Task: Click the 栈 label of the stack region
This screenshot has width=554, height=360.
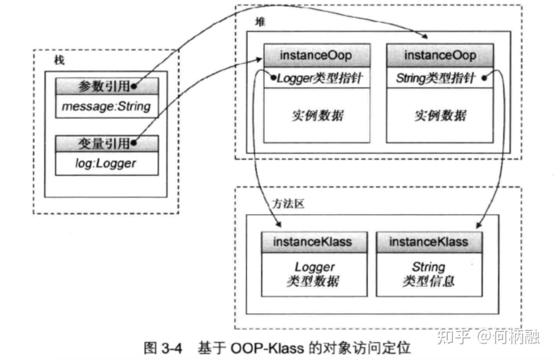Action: (59, 60)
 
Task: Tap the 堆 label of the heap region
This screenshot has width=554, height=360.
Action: (260, 22)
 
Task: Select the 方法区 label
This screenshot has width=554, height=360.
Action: (288, 204)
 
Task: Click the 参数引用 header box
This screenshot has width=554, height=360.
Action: (107, 86)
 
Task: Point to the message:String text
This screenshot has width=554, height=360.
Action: (107, 106)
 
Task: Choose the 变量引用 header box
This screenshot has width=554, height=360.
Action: (107, 144)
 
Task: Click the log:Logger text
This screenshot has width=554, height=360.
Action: (106, 164)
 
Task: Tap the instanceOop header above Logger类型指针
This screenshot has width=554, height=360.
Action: (316, 55)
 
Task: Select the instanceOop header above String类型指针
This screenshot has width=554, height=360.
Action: (440, 55)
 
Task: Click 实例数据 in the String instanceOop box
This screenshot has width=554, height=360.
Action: (440, 115)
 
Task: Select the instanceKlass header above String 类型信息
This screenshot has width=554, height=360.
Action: (429, 242)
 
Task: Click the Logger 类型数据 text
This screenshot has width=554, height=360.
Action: (314, 274)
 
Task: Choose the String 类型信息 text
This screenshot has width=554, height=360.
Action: (429, 274)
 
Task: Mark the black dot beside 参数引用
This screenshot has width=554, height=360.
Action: (133, 87)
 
